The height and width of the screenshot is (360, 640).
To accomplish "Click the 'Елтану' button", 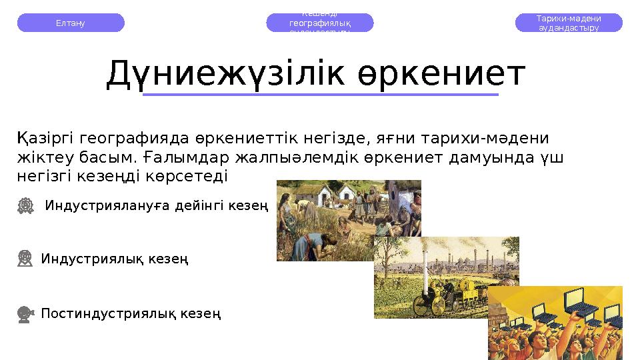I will [x=71, y=23].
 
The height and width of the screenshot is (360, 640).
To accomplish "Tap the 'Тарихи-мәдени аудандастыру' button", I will [x=569, y=23].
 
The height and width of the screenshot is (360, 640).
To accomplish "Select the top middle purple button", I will [x=320, y=23].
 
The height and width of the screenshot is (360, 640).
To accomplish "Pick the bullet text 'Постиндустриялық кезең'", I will [x=131, y=313].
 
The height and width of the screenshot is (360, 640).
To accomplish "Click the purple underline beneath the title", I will [x=321, y=95].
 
